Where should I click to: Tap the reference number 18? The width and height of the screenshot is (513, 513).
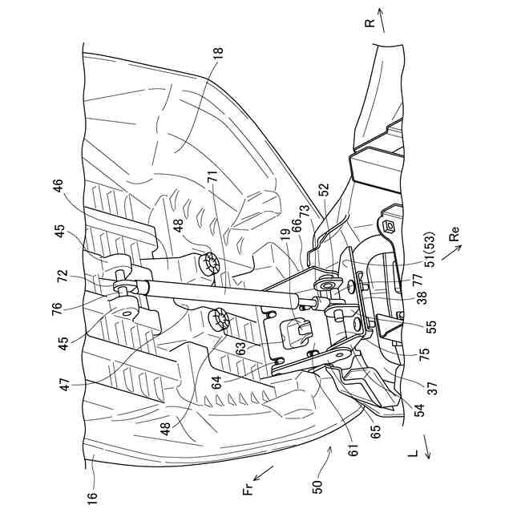click(219, 54)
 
